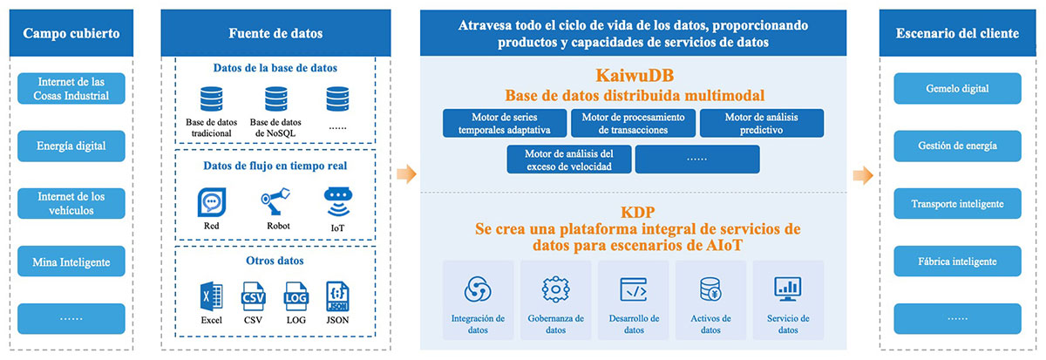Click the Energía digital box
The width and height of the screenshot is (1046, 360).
tap(71, 146)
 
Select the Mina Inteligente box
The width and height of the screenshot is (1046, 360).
tap(71, 262)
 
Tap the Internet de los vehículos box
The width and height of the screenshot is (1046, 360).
tap(71, 204)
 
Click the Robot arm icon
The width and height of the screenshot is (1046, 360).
tap(275, 201)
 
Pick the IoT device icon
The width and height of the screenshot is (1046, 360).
tap(337, 202)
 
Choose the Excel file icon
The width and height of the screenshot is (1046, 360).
tap(211, 296)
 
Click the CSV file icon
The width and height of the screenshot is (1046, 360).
tap(253, 296)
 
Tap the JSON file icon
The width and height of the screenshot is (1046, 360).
tap(337, 296)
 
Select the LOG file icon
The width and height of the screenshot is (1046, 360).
tap(296, 296)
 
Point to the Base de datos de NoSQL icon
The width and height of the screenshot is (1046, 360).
tap(276, 99)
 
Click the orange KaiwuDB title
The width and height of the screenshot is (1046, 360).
tap(635, 76)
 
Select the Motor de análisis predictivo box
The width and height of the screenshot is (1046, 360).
tap(762, 123)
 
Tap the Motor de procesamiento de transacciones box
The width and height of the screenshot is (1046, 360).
tap(633, 123)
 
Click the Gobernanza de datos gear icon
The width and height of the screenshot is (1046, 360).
tap(556, 289)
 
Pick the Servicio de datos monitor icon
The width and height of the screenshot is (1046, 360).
tap(788, 289)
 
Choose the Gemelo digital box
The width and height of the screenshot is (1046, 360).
tap(957, 88)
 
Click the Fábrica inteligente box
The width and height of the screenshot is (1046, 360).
tap(957, 262)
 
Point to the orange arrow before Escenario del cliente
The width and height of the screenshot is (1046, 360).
tap(863, 175)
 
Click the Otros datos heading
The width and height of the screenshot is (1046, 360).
tap(275, 261)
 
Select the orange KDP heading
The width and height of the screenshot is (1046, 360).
tap(637, 213)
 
